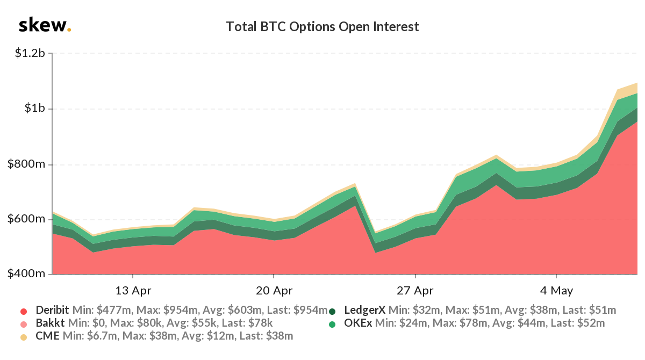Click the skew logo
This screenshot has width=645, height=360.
(x=44, y=26)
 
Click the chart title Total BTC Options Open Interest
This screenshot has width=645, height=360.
(x=322, y=26)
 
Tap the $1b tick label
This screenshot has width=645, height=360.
(x=38, y=109)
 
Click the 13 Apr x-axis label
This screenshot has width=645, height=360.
(x=133, y=291)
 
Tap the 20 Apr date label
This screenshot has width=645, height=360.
(x=274, y=291)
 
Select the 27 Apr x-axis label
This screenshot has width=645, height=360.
(x=415, y=291)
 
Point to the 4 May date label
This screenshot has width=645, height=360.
(x=557, y=291)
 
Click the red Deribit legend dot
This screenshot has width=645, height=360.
(x=23, y=311)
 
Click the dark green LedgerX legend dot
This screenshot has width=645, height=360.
(x=332, y=311)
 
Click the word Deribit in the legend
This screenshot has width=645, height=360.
(x=53, y=310)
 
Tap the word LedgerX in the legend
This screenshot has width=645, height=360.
(x=364, y=310)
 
